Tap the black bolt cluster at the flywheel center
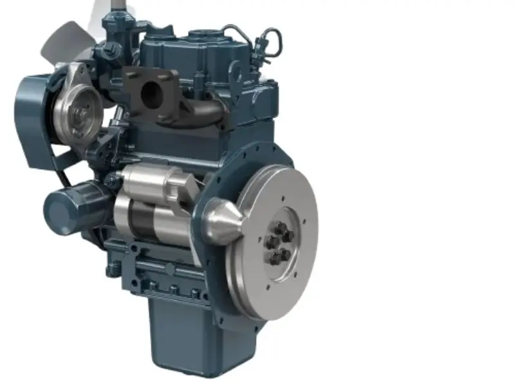[277, 243]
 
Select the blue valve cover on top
[180, 51]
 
